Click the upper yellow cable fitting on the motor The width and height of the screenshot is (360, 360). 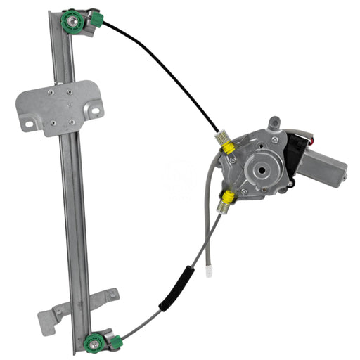pyautogui.click(x=229, y=148)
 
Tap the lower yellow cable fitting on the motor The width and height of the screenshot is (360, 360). pyautogui.click(x=228, y=196)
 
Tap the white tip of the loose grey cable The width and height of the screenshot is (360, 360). pyautogui.click(x=209, y=270)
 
